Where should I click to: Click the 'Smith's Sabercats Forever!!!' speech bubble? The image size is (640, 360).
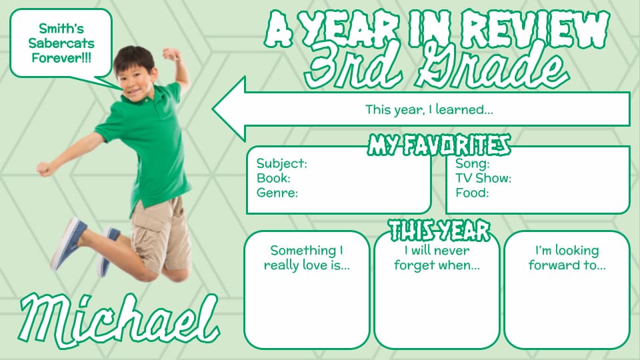point(61,43)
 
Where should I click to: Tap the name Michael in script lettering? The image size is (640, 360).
point(119,321)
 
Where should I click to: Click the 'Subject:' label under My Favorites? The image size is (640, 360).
point(281,163)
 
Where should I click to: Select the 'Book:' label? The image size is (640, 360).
point(273,178)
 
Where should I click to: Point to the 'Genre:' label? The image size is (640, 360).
point(277,193)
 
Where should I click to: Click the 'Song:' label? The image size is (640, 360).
point(472,164)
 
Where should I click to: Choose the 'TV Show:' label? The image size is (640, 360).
point(483,178)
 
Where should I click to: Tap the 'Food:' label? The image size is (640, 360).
point(472,193)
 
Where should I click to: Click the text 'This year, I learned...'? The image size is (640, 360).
point(429,109)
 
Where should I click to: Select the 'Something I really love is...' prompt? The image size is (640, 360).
point(307,257)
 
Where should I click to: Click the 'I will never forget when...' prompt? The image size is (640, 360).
point(437,257)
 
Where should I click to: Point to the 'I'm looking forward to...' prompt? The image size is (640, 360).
point(567,257)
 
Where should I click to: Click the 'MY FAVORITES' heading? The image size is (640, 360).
point(439,145)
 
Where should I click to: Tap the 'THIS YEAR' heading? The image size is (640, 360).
point(439,230)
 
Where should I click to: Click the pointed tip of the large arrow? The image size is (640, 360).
point(213,109)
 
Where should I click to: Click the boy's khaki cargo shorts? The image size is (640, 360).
point(161,234)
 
